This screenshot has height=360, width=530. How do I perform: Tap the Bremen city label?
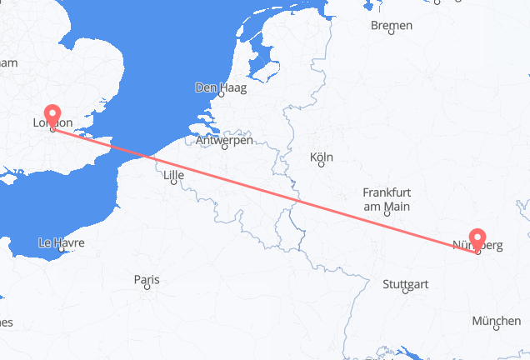click(x=392, y=26)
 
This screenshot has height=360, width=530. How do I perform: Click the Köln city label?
click(x=321, y=157)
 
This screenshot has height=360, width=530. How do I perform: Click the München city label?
click(x=497, y=321)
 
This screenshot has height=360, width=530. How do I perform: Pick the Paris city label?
click(x=147, y=280)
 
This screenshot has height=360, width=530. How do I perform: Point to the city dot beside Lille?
click(x=173, y=182)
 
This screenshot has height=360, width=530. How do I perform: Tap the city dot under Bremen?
click(x=392, y=35)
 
